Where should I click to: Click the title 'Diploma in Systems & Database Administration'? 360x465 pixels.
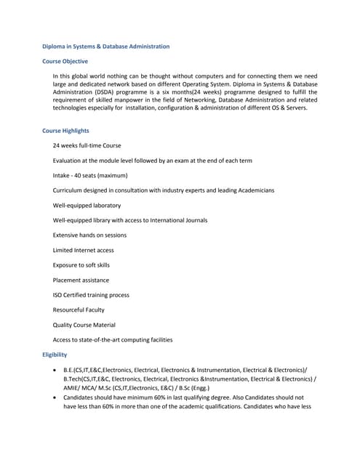pos(106,46)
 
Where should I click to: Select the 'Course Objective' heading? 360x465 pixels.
pos(65,62)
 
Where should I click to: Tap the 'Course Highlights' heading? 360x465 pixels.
pos(66,131)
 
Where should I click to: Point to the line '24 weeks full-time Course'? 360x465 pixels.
pos(87,145)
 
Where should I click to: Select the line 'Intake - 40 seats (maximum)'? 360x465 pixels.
pos(90,175)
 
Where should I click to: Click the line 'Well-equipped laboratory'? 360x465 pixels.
pos(87,206)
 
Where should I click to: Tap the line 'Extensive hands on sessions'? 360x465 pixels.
pos(89,235)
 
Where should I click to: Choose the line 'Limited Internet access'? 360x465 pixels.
pos(83,250)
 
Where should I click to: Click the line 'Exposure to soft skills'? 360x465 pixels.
pos(81,265)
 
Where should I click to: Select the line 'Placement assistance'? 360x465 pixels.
pos(81,280)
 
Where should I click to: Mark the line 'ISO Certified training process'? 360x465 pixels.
pos(91,295)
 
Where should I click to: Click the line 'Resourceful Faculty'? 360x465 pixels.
pos(79,310)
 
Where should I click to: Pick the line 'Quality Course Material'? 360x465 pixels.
pos(84,325)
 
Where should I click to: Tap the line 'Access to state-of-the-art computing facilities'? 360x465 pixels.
pos(113,340)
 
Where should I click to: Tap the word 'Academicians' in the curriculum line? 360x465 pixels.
pos(254,190)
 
